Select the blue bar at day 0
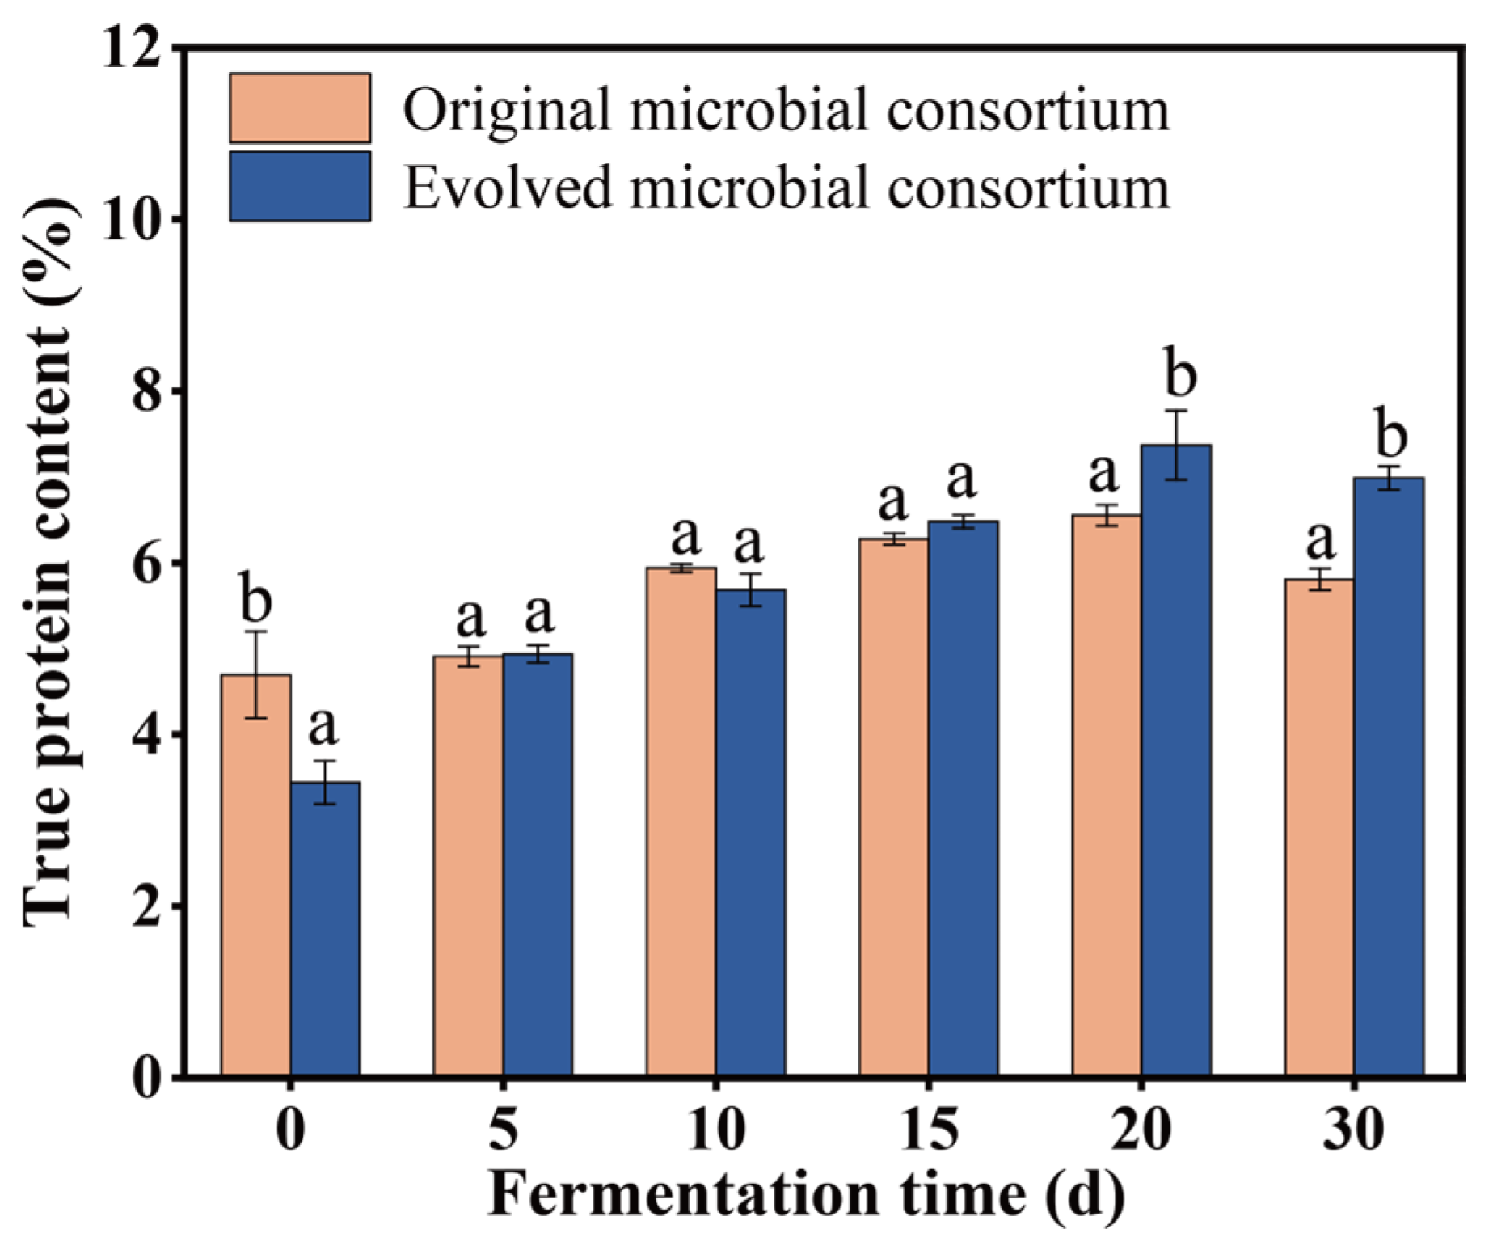tap(325, 930)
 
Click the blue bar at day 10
tap(750, 833)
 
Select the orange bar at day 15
tap(893, 809)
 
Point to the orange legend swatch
tap(300, 108)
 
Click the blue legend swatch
tap(300, 187)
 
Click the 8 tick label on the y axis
tap(146, 393)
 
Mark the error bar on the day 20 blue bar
tap(1176, 446)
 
